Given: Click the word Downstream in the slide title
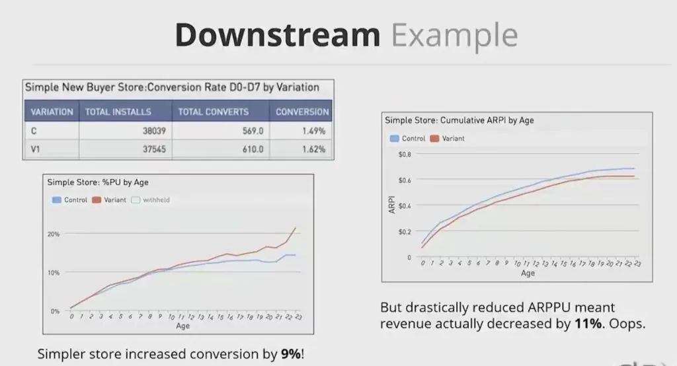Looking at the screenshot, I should [278, 35].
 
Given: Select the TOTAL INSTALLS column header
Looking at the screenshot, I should [118, 112].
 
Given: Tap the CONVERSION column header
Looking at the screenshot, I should [302, 112].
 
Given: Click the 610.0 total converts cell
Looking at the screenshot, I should [251, 149].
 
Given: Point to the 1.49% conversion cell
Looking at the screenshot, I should [313, 131].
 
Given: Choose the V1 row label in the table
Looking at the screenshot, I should [36, 149].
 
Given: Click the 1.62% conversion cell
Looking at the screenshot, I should [313, 149].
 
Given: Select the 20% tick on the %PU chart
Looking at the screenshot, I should [53, 234].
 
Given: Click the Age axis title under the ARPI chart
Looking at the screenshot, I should [528, 273].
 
